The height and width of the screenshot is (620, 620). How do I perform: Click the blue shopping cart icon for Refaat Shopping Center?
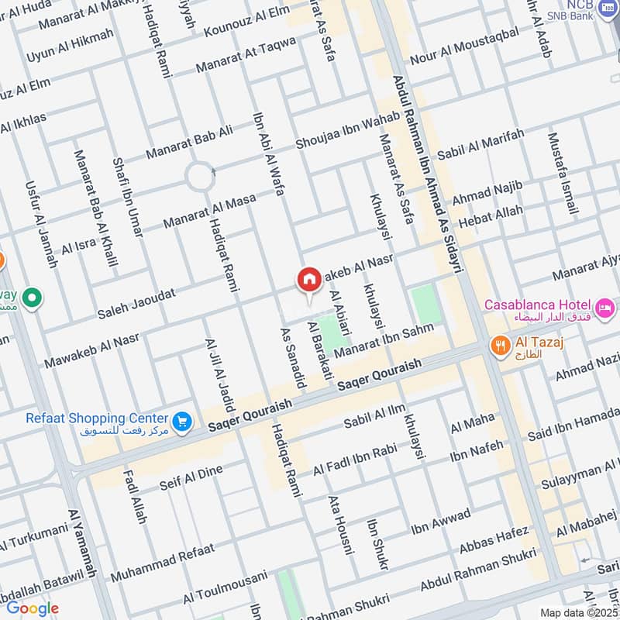183,420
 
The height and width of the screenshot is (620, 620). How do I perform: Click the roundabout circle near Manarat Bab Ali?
200,177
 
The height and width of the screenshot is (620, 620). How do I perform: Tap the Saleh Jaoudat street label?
136,303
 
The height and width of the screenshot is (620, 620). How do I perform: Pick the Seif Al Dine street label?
191,477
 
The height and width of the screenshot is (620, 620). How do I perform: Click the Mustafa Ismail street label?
563,174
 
